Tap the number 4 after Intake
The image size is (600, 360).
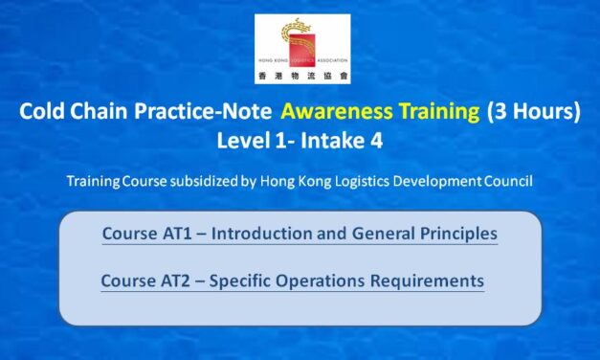(x=375, y=140)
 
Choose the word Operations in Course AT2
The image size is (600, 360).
(x=340, y=281)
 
